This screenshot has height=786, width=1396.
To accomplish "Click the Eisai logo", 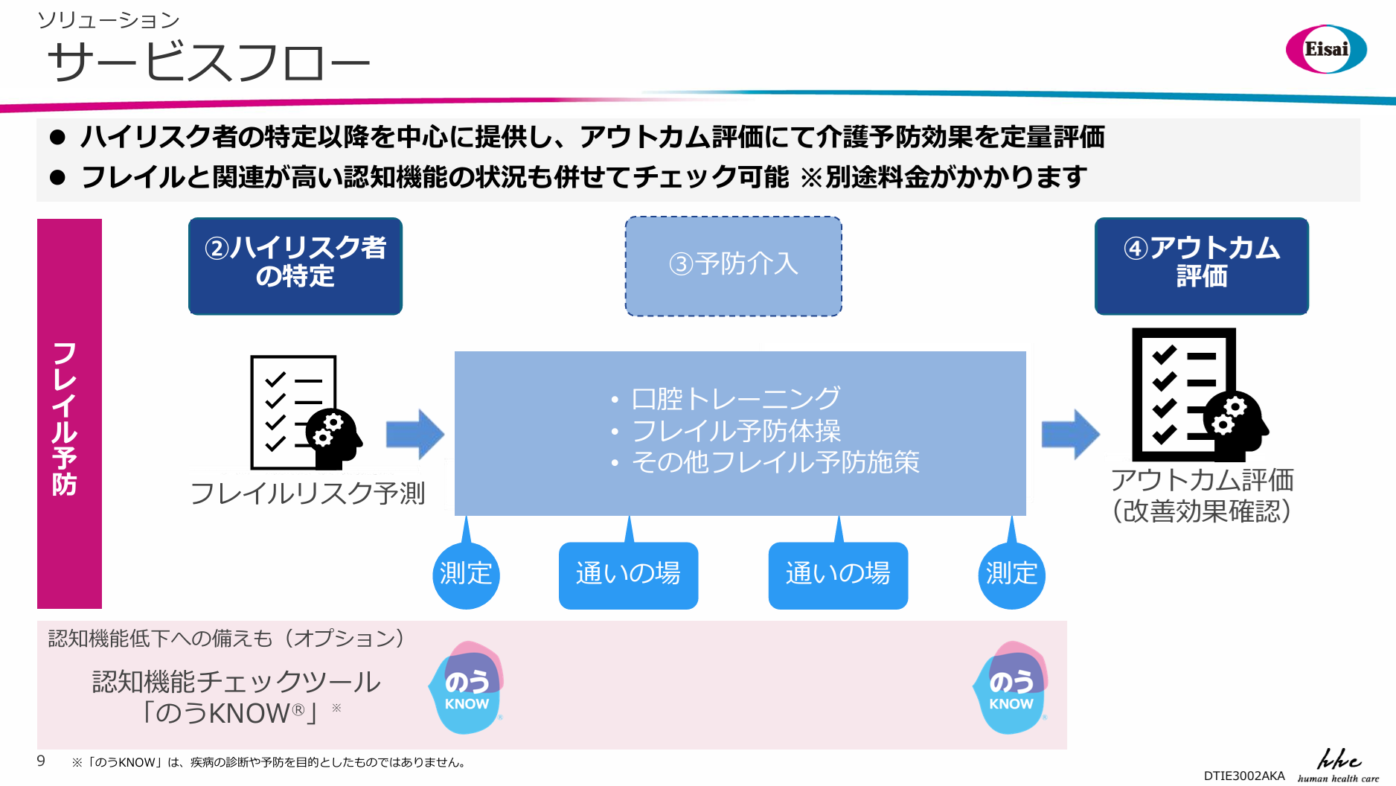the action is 1326,49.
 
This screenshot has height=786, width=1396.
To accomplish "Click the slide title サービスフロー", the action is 209,62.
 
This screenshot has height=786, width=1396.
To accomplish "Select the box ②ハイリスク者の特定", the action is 295,266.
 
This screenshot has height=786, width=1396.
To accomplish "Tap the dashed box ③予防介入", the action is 734,266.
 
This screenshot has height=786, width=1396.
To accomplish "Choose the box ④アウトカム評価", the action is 1202,266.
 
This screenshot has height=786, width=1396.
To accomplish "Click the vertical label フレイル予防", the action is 66,419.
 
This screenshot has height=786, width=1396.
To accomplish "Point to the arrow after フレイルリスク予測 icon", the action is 415,434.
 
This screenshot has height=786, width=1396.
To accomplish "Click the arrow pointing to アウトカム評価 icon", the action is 1071,434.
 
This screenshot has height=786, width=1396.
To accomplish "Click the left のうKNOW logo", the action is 467,688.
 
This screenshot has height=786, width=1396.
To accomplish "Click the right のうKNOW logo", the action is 1011,688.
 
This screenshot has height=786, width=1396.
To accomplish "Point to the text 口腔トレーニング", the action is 736,399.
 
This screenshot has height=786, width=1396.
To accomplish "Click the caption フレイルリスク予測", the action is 307,493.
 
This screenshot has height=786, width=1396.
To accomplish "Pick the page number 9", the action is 41,761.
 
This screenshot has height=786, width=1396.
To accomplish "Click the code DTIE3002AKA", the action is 1244,776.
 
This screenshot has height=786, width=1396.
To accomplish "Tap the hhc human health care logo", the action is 1338,766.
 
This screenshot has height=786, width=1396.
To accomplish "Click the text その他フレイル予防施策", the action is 775,462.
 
